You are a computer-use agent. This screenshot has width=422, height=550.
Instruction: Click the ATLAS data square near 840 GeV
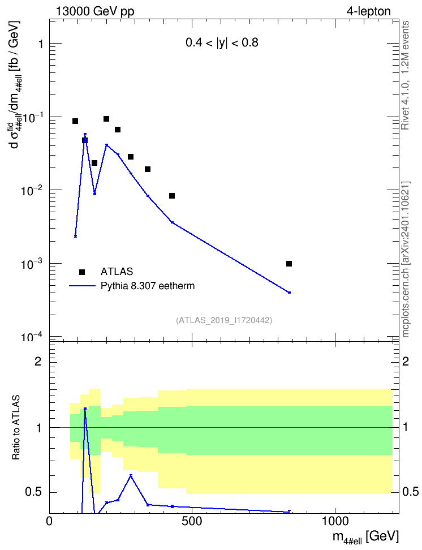tap(289, 264)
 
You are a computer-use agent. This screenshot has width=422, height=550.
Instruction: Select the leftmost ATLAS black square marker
tap(75, 121)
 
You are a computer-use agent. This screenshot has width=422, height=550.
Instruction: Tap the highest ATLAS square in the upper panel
tap(106, 119)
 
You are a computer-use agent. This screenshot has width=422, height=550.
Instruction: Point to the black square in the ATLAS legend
tap(81, 272)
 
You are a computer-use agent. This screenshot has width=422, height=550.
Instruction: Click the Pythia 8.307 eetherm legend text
tap(148, 286)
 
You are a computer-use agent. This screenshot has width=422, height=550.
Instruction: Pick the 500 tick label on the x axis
tap(192, 522)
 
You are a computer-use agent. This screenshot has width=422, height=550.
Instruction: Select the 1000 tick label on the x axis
tap(335, 522)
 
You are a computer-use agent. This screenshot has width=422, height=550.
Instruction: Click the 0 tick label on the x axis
tap(49, 522)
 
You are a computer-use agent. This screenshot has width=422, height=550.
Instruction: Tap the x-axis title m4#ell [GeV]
tap(366, 537)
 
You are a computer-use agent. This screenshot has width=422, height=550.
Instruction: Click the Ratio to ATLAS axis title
tap(15, 428)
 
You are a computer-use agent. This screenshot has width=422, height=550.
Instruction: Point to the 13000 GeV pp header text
tap(94, 11)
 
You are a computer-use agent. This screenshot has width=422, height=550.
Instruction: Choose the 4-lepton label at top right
tap(369, 11)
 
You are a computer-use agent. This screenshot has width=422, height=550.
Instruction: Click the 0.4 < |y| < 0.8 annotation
tap(222, 43)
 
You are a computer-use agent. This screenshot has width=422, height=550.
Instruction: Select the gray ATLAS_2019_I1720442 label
tap(224, 320)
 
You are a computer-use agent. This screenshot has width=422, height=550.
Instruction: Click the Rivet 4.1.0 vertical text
tap(406, 75)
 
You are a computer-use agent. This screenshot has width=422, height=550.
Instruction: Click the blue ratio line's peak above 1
tap(85, 409)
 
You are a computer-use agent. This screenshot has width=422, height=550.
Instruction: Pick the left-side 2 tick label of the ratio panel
tap(38, 361)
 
